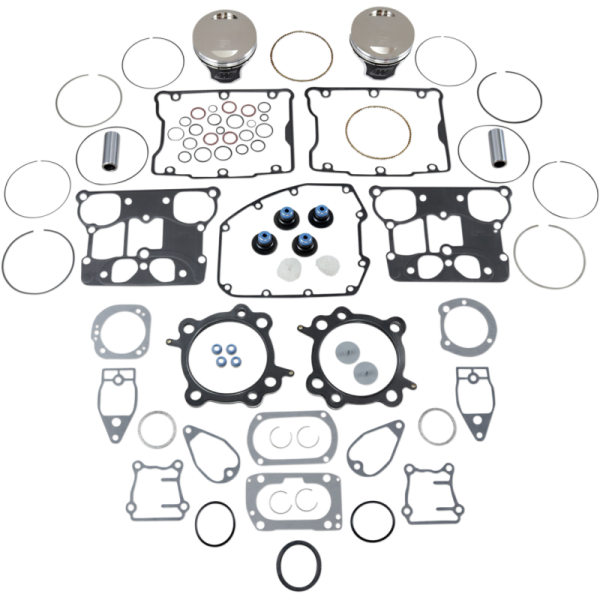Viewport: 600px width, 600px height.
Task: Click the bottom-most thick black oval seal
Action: (x=301, y=565)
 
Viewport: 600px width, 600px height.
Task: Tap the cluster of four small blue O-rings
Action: (x=224, y=355)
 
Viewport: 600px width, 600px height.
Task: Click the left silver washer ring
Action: (x=157, y=428)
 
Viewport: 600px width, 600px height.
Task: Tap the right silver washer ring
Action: (x=437, y=427)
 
